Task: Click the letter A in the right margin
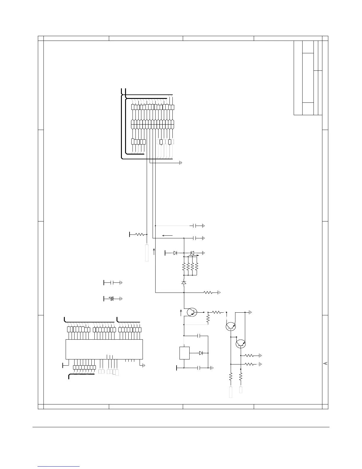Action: (325, 363)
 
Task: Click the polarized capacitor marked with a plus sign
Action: (112, 299)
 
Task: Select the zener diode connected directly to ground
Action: (192, 253)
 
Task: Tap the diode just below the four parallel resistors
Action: (184, 283)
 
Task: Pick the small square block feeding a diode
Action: (185, 353)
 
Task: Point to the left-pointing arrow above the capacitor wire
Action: (167, 236)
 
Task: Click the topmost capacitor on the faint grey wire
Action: (195, 226)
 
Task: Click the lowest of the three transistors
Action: (241, 344)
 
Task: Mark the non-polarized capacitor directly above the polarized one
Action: (112, 283)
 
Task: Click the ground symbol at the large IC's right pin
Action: (143, 365)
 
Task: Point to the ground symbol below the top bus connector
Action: (181, 163)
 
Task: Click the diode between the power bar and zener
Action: (175, 253)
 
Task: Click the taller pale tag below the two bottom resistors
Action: (231, 392)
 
